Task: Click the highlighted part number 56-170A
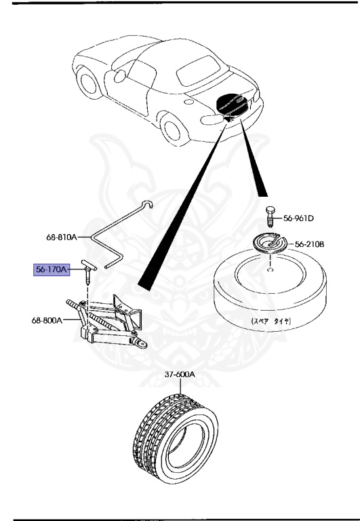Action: (52, 269)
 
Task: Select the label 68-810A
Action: (62, 237)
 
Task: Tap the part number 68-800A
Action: (46, 320)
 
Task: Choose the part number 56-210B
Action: (309, 244)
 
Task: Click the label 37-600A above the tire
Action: (179, 374)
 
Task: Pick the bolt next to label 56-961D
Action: (270, 218)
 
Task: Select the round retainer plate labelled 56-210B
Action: (268, 244)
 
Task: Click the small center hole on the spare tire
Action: (270, 269)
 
